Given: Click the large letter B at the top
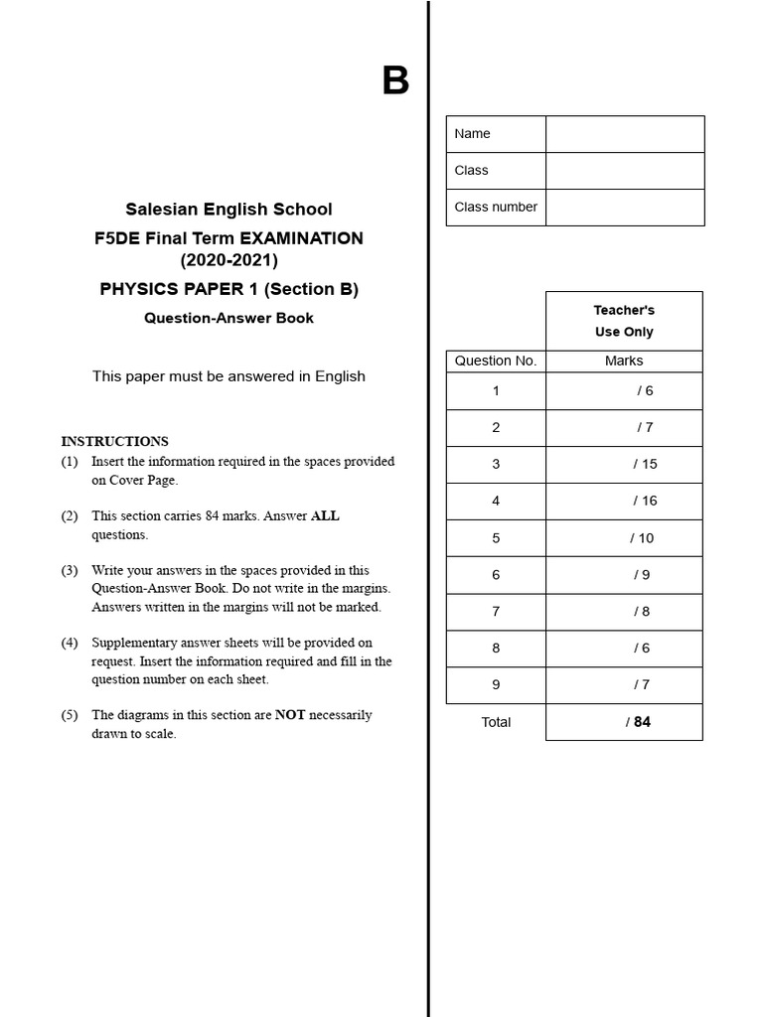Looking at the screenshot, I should click(x=395, y=81).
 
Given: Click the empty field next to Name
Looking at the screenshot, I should click(x=624, y=134).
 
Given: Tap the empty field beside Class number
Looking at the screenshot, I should click(x=624, y=208).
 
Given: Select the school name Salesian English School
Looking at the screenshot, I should click(x=229, y=210).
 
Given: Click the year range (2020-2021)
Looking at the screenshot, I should click(x=229, y=261).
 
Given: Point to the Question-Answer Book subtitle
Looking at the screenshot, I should click(x=229, y=318).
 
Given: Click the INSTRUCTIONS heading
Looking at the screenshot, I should click(x=114, y=441).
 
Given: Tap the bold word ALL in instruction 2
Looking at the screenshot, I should click(x=325, y=516).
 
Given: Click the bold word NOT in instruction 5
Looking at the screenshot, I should click(x=289, y=715).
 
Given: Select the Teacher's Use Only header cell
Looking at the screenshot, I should click(x=624, y=321).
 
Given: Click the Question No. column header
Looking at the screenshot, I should click(x=496, y=362).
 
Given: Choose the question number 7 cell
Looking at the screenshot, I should click(x=496, y=612).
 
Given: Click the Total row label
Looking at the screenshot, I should click(x=496, y=722).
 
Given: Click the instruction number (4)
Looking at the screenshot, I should click(x=69, y=643).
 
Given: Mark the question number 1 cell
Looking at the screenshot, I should click(x=496, y=390).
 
